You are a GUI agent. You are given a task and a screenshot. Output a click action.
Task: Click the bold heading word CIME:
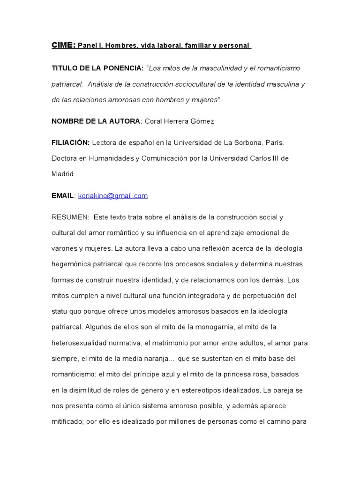pyautogui.click(x=63, y=46)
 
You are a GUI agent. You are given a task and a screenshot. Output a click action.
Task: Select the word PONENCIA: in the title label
pyautogui.click(x=123, y=68)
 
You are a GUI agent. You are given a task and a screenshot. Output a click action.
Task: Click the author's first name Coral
pyautogui.click(x=154, y=121)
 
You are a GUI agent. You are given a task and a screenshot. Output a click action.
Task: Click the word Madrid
pyautogui.click(x=62, y=173)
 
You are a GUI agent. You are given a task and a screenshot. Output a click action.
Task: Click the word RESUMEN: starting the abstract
pyautogui.click(x=70, y=217)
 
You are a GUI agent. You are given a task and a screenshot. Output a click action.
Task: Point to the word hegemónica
pyautogui.click(x=73, y=263)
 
